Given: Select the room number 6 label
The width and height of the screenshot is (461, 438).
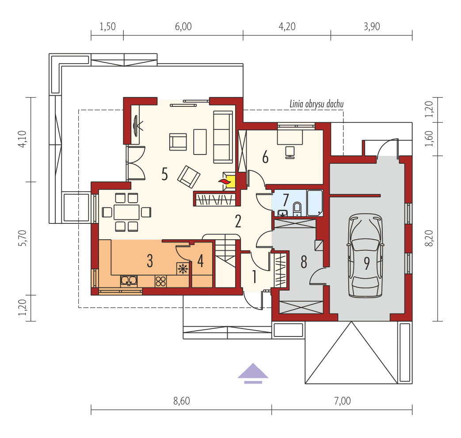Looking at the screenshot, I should click(x=265, y=157).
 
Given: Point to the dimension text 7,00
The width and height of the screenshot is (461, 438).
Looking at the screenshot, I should click(x=342, y=401).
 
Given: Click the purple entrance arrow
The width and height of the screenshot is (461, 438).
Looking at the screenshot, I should click(x=253, y=373).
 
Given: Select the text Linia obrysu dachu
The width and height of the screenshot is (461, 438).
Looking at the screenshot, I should click(x=316, y=104).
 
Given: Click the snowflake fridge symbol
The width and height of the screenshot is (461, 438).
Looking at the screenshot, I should click(x=183, y=268).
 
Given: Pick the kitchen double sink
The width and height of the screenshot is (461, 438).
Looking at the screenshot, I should click(x=129, y=280).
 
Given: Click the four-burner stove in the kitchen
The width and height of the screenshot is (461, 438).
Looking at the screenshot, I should click(x=161, y=280).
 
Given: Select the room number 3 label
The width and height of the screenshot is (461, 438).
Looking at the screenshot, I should click(x=150, y=261).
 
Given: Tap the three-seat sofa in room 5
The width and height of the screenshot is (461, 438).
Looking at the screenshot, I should click(x=223, y=136).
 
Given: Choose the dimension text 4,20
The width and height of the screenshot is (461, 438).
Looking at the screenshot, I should click(x=287, y=26).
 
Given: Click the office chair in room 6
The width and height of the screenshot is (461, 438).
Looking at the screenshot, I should click(x=290, y=151).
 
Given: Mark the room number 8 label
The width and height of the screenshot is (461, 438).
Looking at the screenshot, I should click(x=304, y=262).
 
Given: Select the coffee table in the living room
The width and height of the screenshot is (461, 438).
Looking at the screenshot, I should click(x=200, y=141).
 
